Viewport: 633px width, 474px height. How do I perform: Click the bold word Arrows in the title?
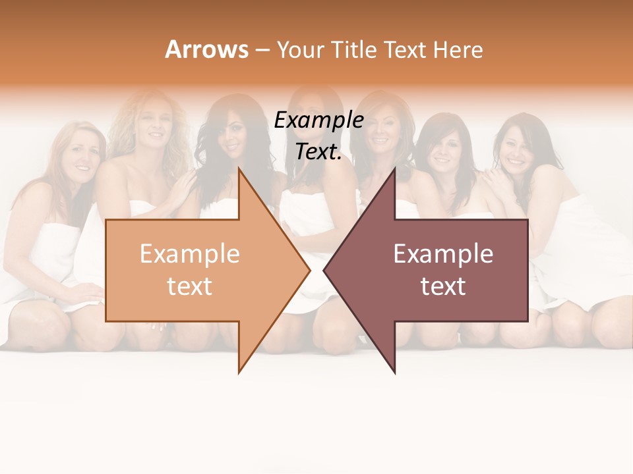pos(206,49)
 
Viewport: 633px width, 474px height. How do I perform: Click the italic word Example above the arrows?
pos(318,120)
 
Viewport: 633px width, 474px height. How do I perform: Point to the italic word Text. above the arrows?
pos(318,152)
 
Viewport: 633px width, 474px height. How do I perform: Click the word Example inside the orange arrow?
pos(189,254)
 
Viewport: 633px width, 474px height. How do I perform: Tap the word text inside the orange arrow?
pos(189,286)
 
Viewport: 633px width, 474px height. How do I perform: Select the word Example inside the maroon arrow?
pos(443,254)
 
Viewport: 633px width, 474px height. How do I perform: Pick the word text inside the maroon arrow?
pos(443,286)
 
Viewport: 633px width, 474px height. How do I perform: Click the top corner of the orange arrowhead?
pos(239,169)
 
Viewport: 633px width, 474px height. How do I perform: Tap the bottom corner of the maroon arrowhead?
pos(394,372)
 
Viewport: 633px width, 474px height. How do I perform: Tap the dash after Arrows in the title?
pos(261,49)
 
